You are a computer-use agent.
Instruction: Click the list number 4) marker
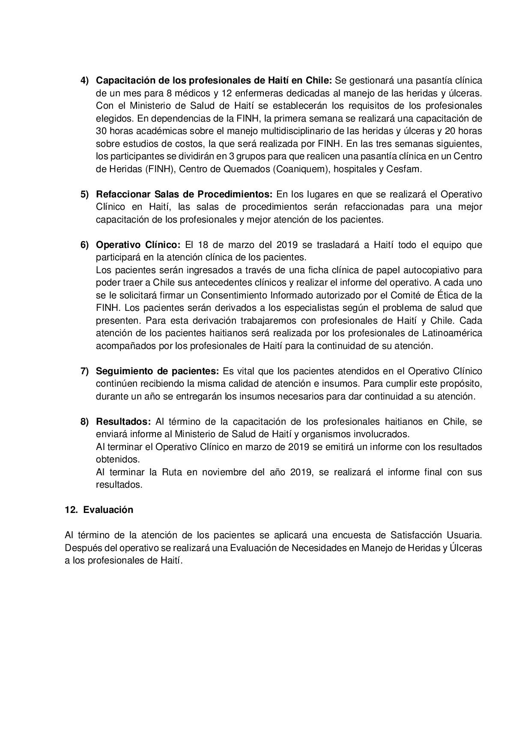pos(84,80)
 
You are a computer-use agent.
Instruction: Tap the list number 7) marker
pos(84,371)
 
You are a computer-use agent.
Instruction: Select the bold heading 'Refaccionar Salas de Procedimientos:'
pos(184,194)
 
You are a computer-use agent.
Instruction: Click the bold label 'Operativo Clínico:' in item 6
pos(138,245)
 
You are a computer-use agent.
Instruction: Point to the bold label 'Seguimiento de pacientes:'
pos(157,371)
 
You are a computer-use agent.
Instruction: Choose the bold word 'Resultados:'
pos(123,422)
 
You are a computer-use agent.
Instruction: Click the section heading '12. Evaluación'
pos(99,510)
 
